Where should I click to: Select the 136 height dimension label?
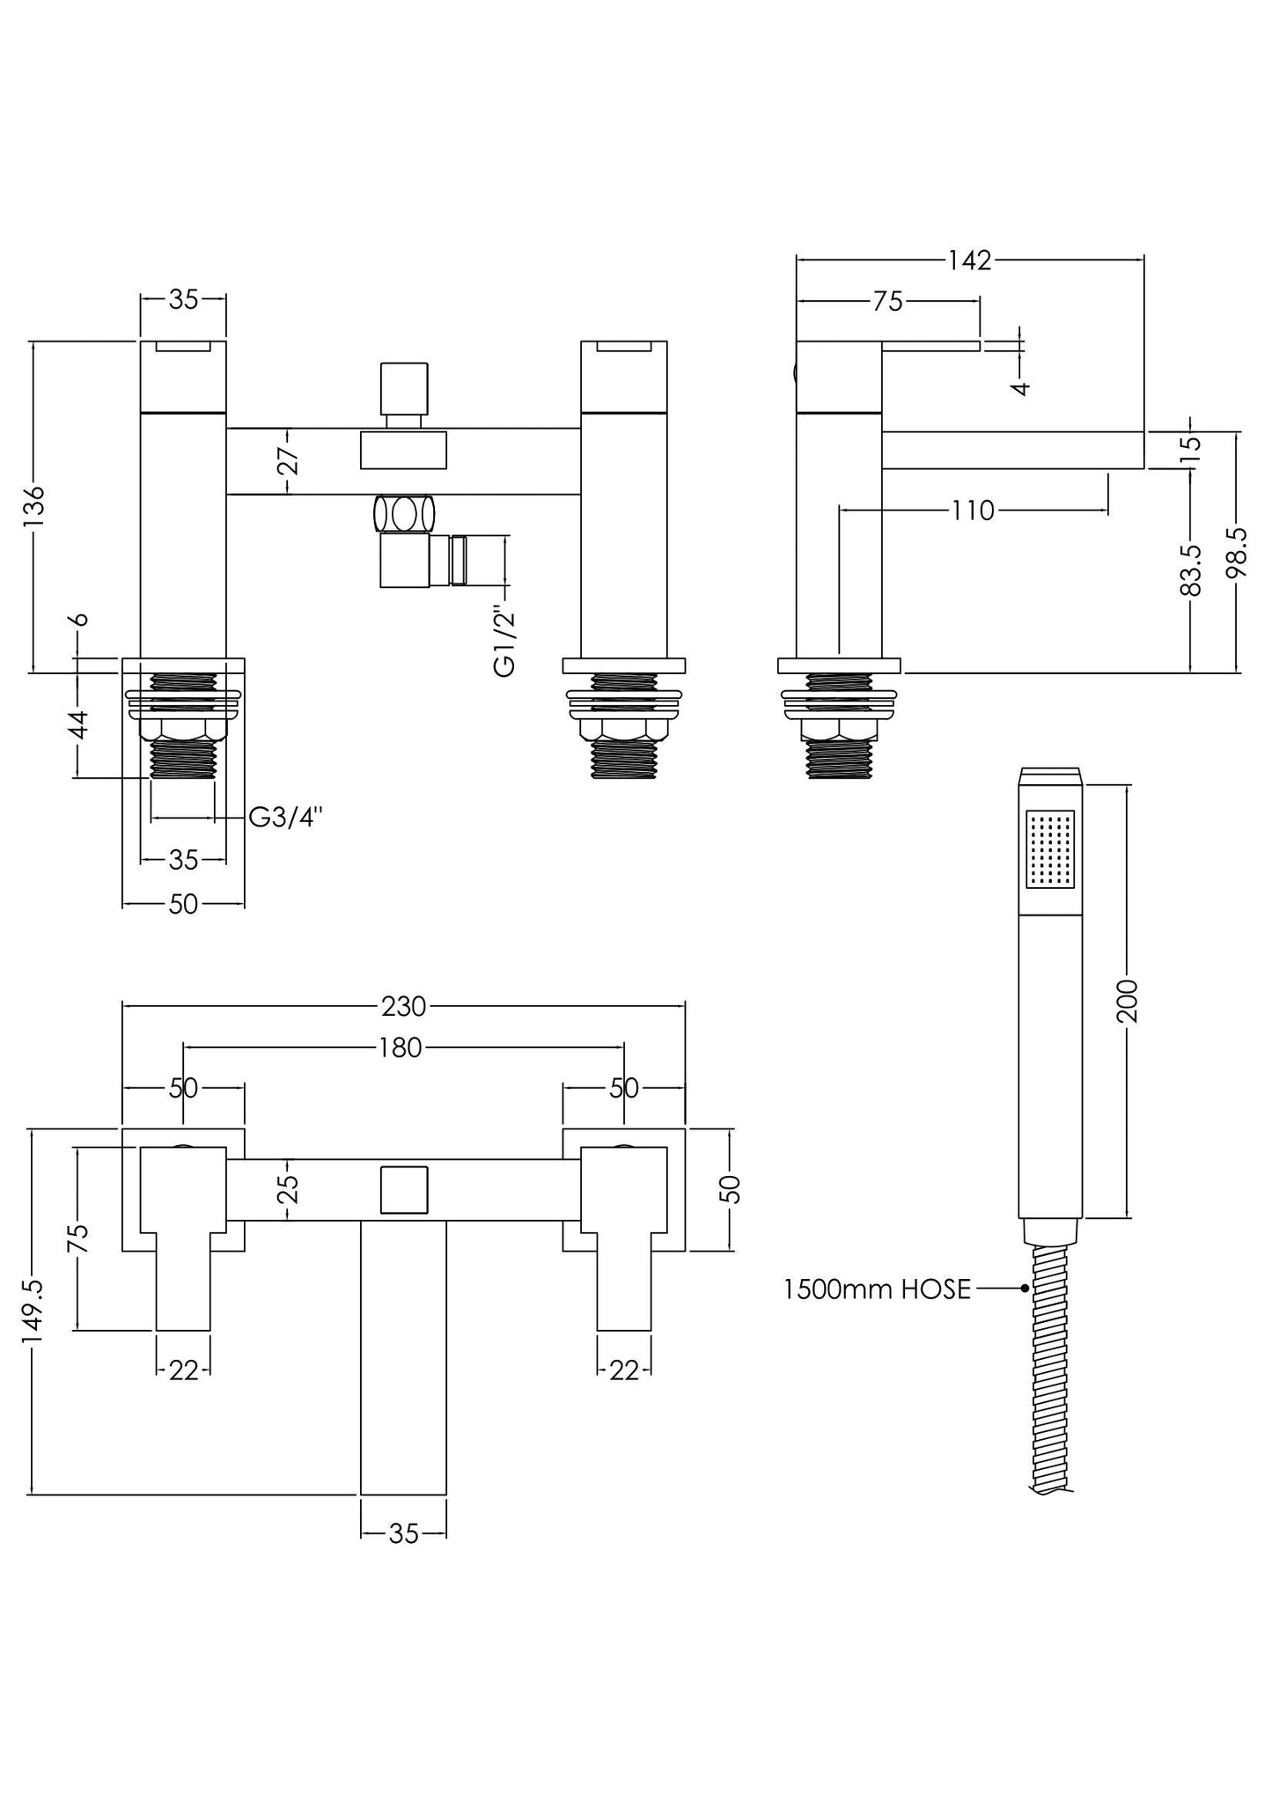click(33, 506)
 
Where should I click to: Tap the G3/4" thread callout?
click(284, 818)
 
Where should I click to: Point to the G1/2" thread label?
click(504, 640)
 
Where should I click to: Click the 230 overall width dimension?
click(403, 1005)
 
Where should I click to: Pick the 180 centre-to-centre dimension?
click(401, 1047)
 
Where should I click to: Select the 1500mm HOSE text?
click(877, 1289)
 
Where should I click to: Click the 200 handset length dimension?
click(1128, 1001)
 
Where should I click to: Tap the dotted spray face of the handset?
click(1051, 849)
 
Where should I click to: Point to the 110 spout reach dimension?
click(973, 511)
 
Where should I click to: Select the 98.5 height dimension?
click(1238, 552)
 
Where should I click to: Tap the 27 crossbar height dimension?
click(290, 461)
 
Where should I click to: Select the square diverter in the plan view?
click(404, 1190)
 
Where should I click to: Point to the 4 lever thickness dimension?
click(1020, 386)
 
